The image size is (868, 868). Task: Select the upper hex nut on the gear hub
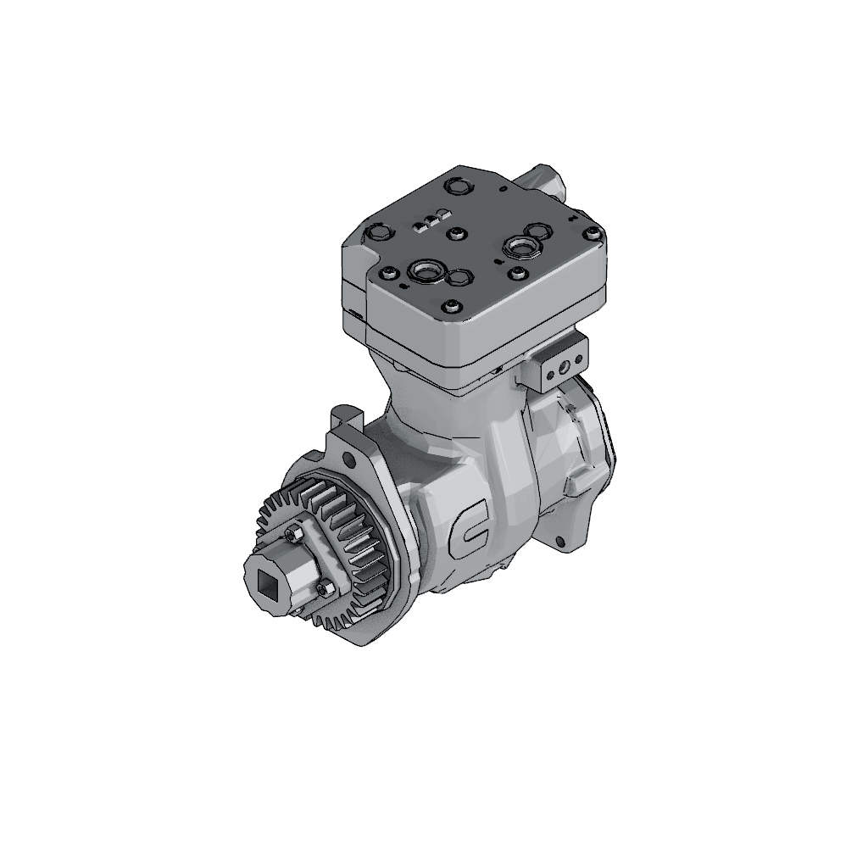coord(295,533)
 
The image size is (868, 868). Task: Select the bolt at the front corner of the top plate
coord(451,306)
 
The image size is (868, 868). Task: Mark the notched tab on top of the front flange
coord(342,415)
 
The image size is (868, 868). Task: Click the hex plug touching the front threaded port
coord(459,277)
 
